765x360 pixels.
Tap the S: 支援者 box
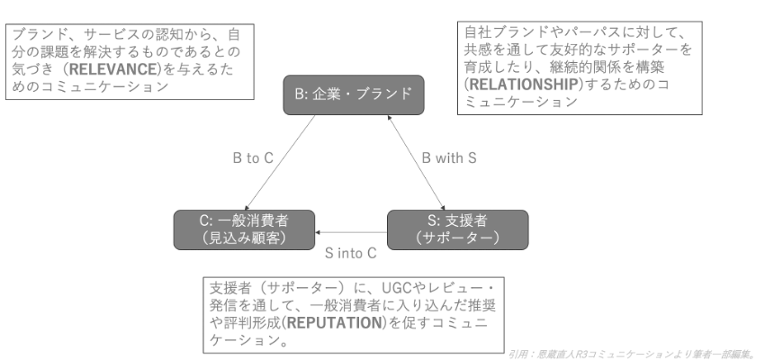(x=457, y=229)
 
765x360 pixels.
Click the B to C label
(x=253, y=157)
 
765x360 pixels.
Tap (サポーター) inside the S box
(x=457, y=238)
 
